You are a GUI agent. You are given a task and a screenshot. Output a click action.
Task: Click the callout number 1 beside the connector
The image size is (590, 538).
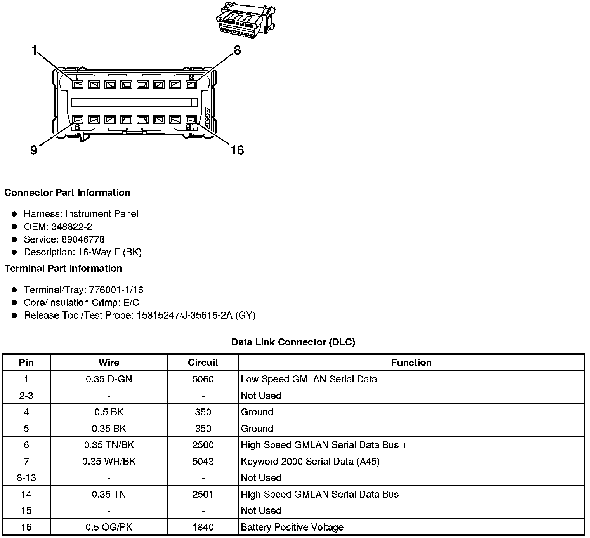coord(35,50)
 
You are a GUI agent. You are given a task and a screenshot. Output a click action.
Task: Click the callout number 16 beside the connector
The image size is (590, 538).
coord(237,150)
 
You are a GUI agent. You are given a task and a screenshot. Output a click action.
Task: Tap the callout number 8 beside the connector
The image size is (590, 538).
coord(237,50)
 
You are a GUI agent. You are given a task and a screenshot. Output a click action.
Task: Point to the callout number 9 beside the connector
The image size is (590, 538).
coord(34,150)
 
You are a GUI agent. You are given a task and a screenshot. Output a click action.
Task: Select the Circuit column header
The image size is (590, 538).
coord(203,363)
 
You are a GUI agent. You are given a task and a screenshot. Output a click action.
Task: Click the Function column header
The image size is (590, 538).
coord(411,363)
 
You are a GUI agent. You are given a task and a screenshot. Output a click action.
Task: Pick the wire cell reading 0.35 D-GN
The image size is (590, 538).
coord(109,379)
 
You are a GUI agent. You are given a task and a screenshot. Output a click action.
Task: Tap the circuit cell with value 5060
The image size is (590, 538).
coord(203,379)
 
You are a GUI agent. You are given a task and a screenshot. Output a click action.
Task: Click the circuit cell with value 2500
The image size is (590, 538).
coord(203,445)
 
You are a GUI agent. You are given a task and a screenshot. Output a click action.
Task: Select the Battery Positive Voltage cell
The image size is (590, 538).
coord(292,527)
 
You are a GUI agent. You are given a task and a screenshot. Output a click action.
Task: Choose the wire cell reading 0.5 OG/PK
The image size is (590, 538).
coord(109,527)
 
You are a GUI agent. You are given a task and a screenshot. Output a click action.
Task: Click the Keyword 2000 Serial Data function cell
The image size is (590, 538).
coord(310,462)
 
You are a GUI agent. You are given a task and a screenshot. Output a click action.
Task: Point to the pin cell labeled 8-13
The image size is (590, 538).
coord(26,478)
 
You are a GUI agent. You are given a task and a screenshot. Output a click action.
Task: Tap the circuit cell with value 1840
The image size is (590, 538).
coord(203,527)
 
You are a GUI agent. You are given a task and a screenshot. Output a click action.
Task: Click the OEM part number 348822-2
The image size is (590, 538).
coord(72,227)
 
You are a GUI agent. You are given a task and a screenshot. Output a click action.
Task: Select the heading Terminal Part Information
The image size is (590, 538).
coord(63,269)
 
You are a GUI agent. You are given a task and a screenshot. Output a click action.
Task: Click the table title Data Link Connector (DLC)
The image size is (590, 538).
coord(293,342)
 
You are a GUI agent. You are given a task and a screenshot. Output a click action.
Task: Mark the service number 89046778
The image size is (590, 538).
coord(83,239)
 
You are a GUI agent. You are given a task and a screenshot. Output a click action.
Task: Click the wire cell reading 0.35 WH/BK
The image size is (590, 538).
coord(109,462)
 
